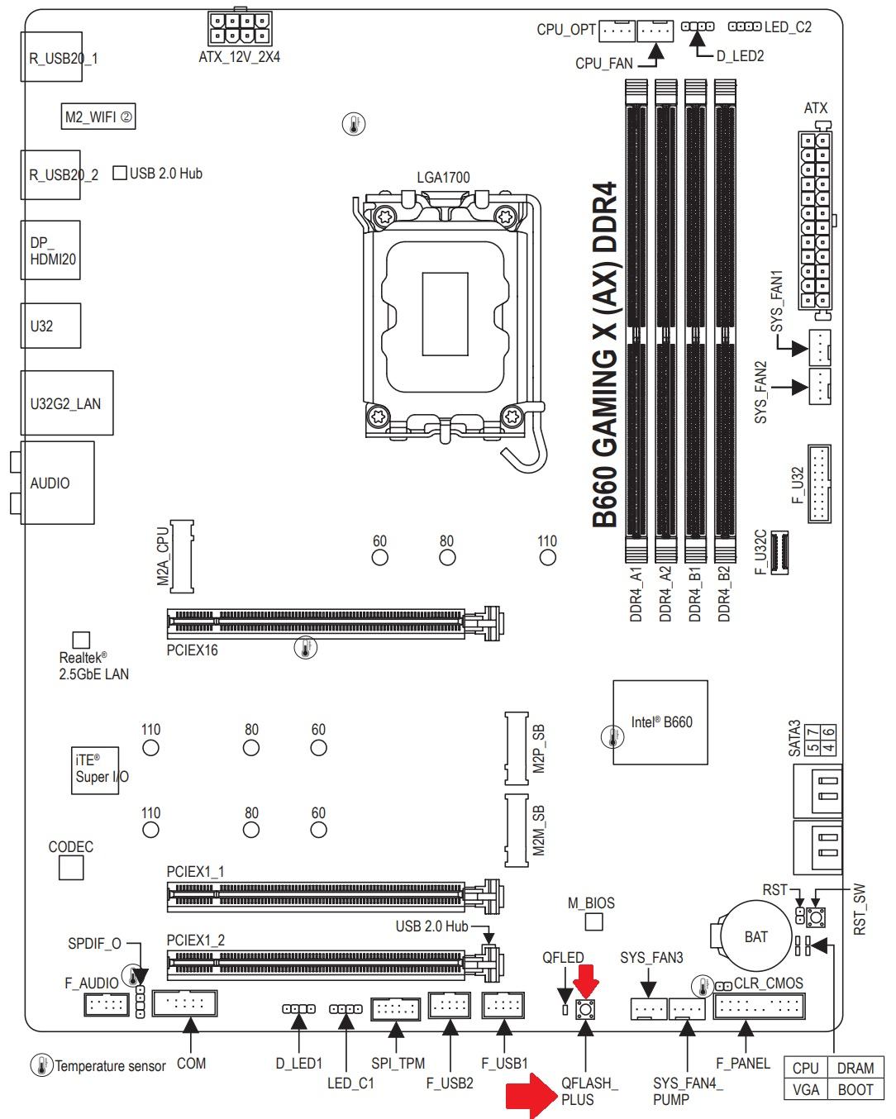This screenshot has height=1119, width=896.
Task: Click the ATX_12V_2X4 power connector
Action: click(240, 29)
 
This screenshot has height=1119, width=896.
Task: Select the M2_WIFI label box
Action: click(98, 117)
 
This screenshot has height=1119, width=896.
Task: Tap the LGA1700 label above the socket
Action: click(443, 178)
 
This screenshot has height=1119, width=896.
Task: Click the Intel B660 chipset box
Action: click(660, 722)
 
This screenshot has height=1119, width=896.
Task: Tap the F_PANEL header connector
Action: click(760, 1007)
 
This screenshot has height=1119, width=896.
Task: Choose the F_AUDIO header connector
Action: click(106, 1005)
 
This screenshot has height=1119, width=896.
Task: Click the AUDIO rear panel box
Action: click(56, 483)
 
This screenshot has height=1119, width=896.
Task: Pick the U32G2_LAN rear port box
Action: click(66, 403)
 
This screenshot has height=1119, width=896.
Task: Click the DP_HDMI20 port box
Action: click(50, 250)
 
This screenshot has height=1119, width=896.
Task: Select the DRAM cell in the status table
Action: click(855, 1068)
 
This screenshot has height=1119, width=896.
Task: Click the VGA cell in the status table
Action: click(805, 1089)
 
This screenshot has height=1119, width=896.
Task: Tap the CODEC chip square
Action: click(72, 868)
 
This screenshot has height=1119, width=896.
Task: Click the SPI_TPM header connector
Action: click(397, 1007)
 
